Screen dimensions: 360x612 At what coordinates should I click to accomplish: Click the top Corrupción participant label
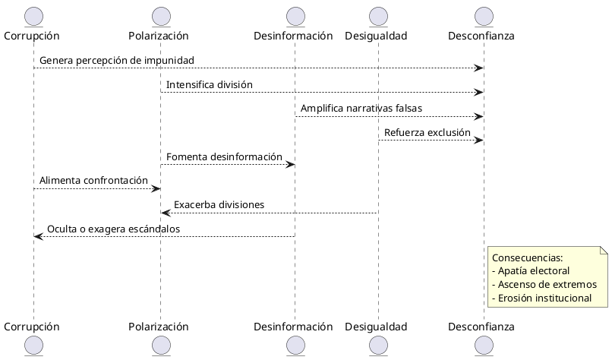[32, 36]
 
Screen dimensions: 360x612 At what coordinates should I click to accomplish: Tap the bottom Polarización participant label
[159, 327]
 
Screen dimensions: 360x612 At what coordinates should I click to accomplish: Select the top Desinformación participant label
[293, 36]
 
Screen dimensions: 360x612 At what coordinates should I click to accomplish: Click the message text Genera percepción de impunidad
[117, 60]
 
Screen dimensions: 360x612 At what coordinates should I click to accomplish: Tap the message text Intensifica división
[210, 84]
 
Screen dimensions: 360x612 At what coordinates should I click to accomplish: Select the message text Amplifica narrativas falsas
[361, 109]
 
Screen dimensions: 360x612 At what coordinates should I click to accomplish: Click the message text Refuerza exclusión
[427, 133]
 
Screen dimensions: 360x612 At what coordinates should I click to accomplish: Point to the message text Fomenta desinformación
[224, 157]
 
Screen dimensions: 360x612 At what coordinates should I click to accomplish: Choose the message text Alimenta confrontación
[93, 181]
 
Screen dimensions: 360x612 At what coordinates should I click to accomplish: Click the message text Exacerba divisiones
[219, 205]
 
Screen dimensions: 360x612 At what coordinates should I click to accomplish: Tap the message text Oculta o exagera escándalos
[113, 229]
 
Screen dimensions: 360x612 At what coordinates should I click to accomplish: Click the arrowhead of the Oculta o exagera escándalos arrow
[37, 237]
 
